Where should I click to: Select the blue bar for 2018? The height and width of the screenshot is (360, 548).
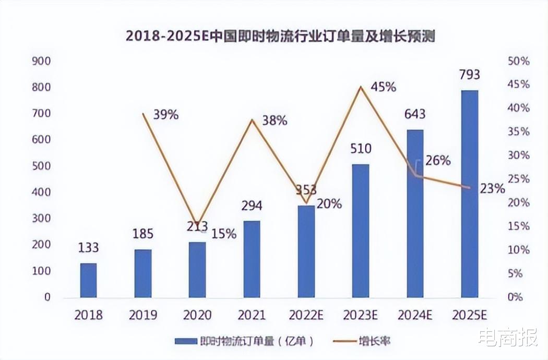[88, 280]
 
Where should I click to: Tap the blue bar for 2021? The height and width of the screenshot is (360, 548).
[252, 259]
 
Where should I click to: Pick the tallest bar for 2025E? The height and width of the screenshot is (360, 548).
[469, 194]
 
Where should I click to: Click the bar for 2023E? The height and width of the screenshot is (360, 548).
[361, 231]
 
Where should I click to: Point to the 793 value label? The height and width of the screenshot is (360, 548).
[469, 75]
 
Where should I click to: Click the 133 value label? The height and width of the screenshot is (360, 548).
[88, 248]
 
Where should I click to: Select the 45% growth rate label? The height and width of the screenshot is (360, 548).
[384, 87]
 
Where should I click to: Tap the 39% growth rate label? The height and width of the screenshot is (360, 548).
[166, 115]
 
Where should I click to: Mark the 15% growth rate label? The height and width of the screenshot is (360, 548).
[224, 234]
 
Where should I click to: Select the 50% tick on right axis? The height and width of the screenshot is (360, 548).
[518, 61]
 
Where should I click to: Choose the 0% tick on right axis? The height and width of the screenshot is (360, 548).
[518, 297]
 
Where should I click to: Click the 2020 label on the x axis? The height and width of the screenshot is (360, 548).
[197, 315]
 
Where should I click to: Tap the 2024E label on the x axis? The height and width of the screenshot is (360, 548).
[415, 315]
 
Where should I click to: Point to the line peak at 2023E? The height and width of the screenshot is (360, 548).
[361, 87]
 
